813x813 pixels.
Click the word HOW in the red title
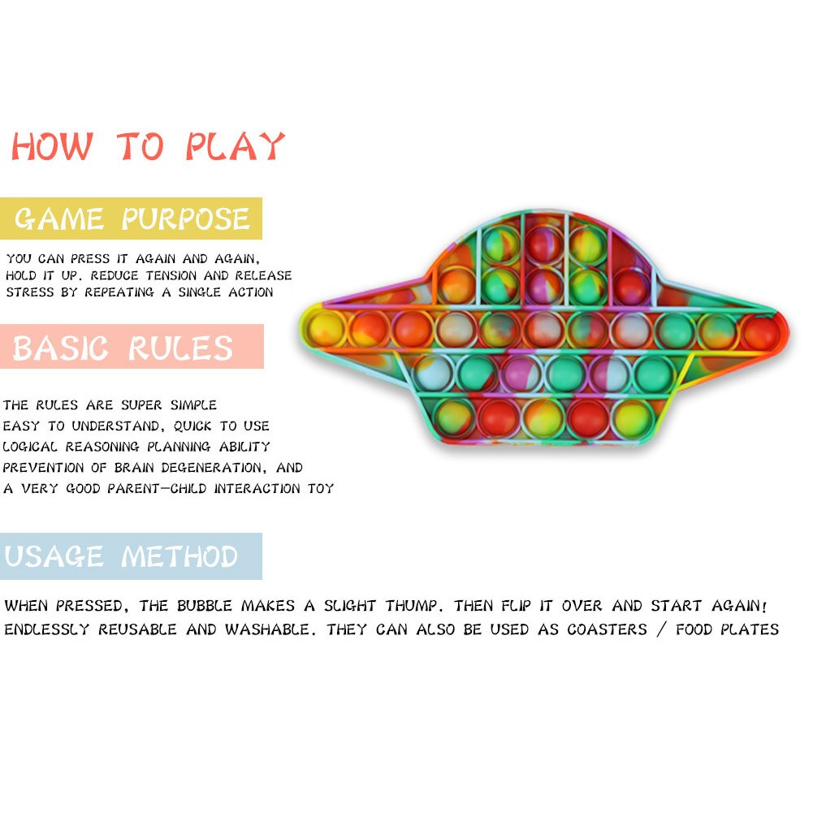click(52, 146)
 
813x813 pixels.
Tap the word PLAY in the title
click(236, 146)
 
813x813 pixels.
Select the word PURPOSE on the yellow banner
click(186, 218)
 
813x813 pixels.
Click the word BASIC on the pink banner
click(60, 348)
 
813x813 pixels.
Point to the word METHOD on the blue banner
click(179, 556)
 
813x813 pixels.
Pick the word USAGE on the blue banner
click(54, 556)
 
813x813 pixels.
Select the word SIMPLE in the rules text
click(193, 405)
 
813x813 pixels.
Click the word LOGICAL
click(30, 447)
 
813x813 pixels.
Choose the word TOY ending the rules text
click(321, 488)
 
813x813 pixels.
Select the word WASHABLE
click(270, 629)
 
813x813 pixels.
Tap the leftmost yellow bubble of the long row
click(326, 329)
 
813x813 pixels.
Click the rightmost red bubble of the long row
click(760, 332)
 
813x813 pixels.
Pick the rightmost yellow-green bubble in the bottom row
click(632, 419)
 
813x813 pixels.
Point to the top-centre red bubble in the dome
click(544, 243)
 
